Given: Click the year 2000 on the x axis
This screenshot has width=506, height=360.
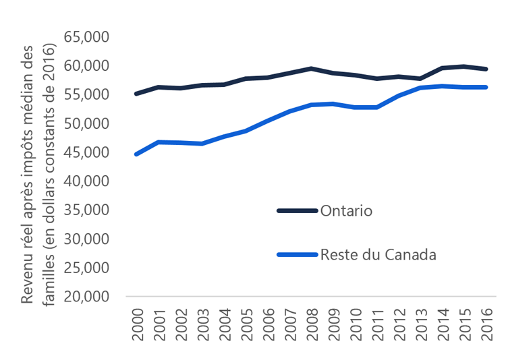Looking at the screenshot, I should tap(137, 326).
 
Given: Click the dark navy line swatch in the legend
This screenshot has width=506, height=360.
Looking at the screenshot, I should tap(297, 210).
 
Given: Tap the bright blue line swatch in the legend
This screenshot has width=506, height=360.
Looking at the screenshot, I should tap(297, 254).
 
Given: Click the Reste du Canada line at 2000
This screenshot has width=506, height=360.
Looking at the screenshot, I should tap(137, 154).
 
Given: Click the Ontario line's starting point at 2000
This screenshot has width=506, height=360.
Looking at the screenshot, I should tap(137, 94).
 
